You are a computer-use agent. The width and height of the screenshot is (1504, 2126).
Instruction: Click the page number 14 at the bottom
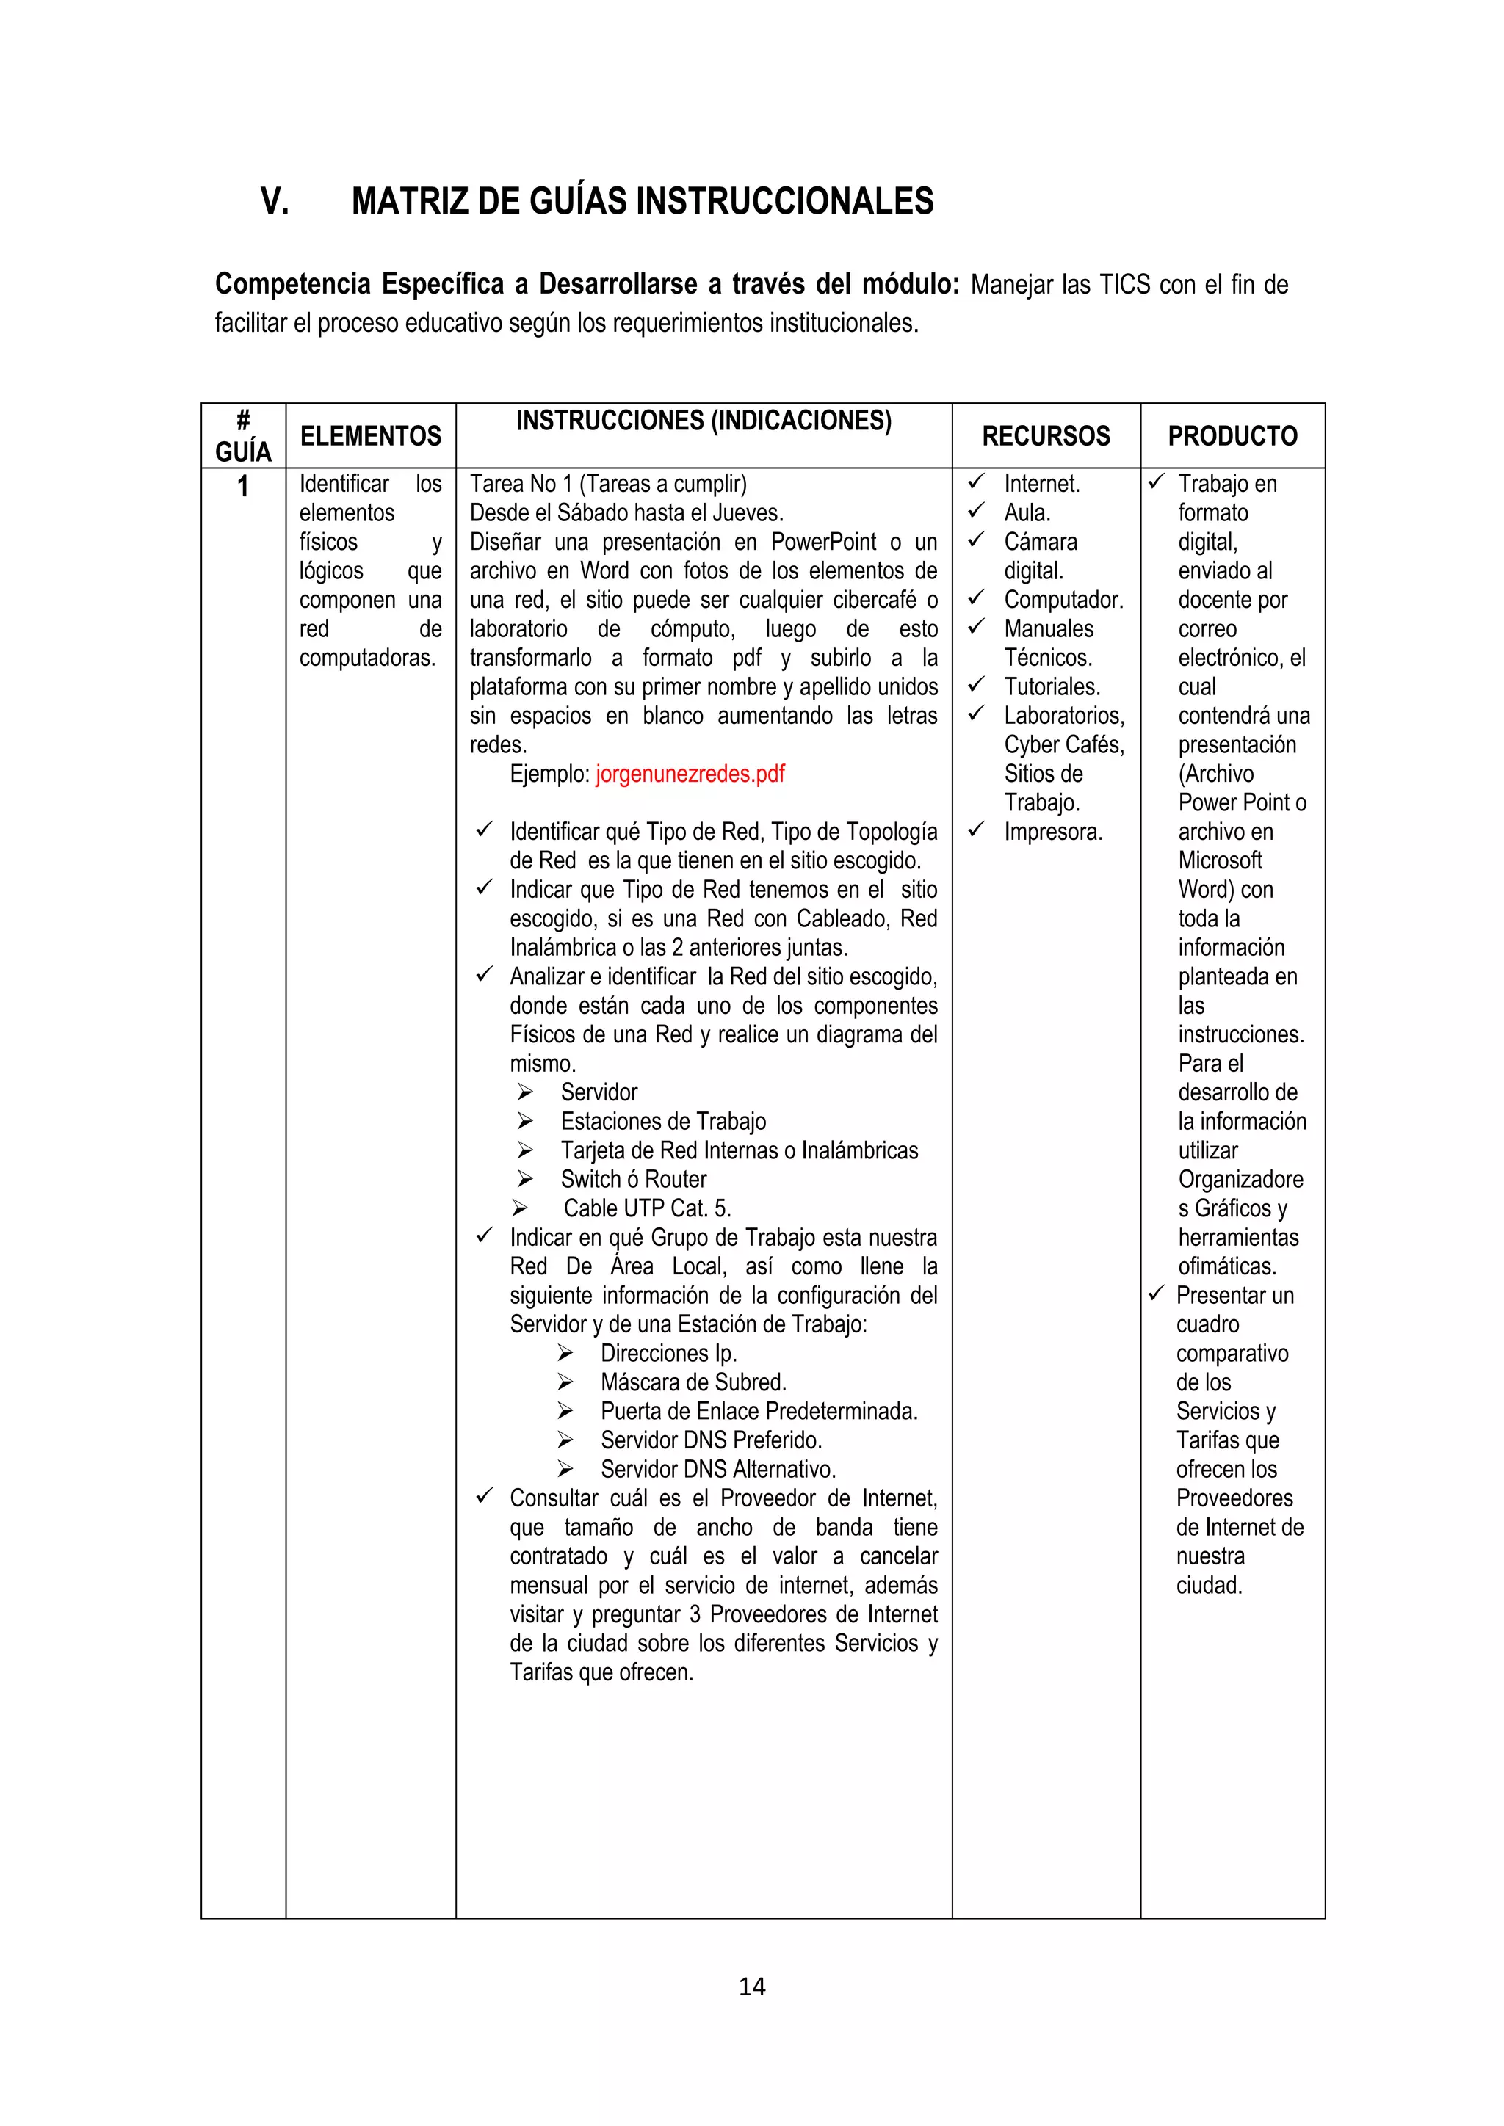click(x=751, y=1987)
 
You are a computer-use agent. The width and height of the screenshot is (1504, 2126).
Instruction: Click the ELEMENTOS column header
click(x=370, y=436)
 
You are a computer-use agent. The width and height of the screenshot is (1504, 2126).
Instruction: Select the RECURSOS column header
click(x=1046, y=436)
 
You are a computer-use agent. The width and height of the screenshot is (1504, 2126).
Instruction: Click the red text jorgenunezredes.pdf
click(x=690, y=774)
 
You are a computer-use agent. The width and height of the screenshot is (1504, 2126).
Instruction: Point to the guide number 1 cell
click(x=242, y=486)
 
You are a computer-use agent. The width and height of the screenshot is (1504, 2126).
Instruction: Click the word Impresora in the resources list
click(x=1053, y=832)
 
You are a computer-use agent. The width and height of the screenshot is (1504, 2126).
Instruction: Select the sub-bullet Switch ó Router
click(x=634, y=1180)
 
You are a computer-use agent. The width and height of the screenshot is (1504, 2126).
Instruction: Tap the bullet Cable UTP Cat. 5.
click(x=647, y=1208)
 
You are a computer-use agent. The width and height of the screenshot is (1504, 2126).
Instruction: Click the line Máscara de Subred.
click(x=693, y=1382)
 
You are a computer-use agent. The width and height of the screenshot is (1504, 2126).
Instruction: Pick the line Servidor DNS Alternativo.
click(x=717, y=1470)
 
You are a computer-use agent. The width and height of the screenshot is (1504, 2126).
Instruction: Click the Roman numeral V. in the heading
click(x=274, y=201)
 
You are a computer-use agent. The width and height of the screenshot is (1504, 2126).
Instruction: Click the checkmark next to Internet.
click(x=975, y=482)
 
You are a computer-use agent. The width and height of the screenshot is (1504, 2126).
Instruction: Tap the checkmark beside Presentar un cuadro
click(x=1156, y=1294)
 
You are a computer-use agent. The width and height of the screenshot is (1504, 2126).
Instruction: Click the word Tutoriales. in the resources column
click(x=1052, y=687)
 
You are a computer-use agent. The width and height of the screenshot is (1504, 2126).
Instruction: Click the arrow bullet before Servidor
click(x=525, y=1092)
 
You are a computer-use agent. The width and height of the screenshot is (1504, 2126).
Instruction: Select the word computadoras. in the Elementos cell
click(x=366, y=659)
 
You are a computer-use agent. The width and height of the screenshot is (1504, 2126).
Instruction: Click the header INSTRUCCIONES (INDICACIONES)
click(x=703, y=421)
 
